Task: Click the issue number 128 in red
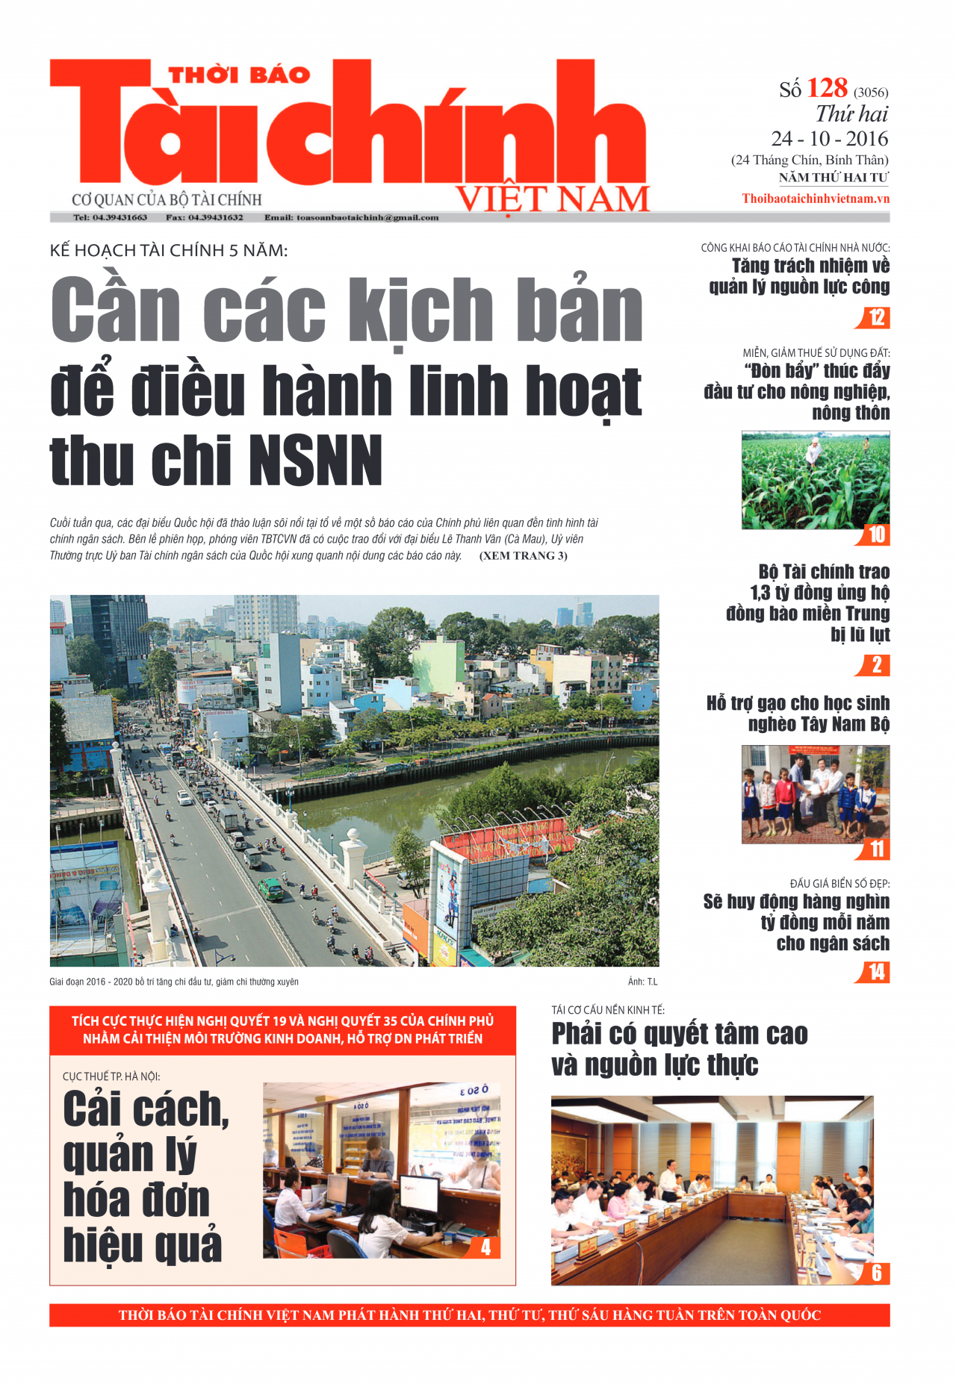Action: point(827,89)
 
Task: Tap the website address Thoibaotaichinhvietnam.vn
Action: point(816,199)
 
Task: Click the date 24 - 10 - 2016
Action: point(830,139)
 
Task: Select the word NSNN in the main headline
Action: point(316,461)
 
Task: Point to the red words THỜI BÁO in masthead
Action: point(239,75)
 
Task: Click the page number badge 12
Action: point(876,318)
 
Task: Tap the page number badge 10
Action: point(876,534)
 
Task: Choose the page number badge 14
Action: point(876,972)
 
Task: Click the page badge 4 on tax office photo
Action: point(485,1247)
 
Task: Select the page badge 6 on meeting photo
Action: point(876,1273)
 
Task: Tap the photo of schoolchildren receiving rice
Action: point(815,794)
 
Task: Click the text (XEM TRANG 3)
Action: point(523,555)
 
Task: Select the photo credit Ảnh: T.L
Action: point(642,982)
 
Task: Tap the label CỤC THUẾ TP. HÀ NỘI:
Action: point(111,1076)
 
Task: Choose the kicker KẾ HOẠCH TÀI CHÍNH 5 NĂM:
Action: point(169,251)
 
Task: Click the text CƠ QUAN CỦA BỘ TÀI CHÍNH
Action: point(167,200)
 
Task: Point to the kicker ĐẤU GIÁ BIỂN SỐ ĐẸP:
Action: point(839,884)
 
